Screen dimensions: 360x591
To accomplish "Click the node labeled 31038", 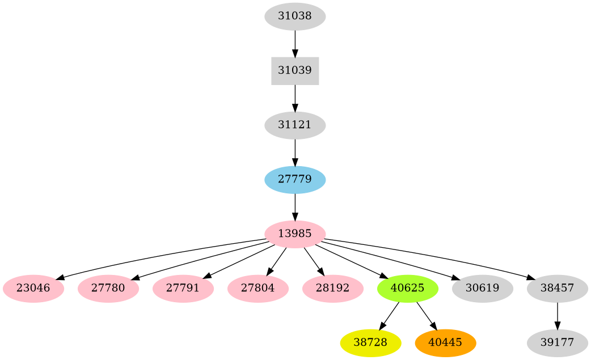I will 295,16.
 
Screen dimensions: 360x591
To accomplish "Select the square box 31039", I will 295,71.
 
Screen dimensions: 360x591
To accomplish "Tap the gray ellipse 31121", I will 295,125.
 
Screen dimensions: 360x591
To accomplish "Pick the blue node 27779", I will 295,180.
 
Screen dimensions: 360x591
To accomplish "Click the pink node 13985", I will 295,234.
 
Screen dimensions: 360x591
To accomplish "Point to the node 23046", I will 33,288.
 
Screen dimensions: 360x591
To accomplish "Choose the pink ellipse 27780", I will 108,288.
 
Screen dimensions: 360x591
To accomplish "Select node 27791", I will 183,288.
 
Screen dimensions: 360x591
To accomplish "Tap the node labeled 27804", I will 258,288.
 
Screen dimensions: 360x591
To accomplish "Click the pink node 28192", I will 333,288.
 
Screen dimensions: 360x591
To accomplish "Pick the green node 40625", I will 408,288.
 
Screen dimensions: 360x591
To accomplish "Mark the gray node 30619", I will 483,288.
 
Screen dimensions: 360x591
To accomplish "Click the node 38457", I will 558,288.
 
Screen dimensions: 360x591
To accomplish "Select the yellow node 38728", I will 370,342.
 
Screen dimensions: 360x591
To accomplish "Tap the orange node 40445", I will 445,342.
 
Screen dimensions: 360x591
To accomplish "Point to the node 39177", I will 558,342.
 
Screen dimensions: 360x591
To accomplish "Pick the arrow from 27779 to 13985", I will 295,207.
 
